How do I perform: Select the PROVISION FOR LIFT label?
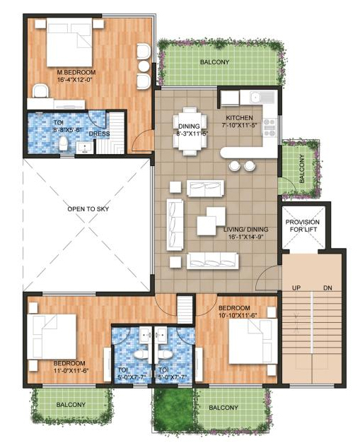tap(303, 226)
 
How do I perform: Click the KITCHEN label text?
tap(240, 117)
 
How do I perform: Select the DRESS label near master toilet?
tap(98, 134)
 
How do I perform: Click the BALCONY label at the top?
tap(214, 62)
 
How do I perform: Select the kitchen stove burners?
tap(269, 126)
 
